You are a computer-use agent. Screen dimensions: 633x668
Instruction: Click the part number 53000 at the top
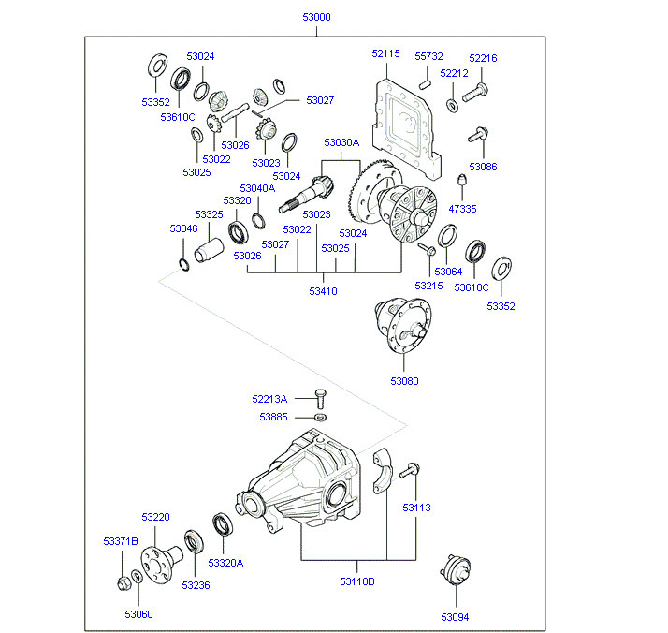click(x=316, y=18)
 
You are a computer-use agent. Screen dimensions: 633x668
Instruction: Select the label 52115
click(x=385, y=54)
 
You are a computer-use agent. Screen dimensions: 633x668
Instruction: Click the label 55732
click(x=429, y=56)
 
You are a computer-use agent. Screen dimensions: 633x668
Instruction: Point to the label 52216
click(x=483, y=58)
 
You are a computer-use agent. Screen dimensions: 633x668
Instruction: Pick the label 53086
click(x=484, y=166)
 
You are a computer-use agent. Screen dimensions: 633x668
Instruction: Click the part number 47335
click(x=462, y=209)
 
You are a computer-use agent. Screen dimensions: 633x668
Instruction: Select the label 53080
click(x=405, y=381)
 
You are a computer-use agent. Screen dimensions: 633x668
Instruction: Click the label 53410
click(x=323, y=291)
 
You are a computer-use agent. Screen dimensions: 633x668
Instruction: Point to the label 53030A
click(x=341, y=142)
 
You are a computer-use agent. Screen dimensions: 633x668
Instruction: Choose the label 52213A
click(x=269, y=399)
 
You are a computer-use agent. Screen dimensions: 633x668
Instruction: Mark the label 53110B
click(x=359, y=581)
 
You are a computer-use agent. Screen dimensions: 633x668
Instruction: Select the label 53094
click(x=457, y=616)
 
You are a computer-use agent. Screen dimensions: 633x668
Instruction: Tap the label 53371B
click(x=121, y=541)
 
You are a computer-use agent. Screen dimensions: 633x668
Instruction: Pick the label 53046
click(x=183, y=228)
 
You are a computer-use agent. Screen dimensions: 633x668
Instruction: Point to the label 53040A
click(x=257, y=188)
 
